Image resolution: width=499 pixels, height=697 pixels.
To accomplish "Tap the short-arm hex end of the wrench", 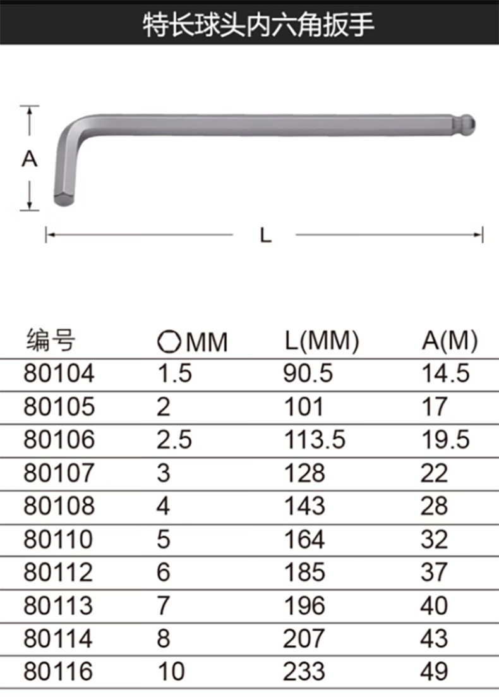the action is tap(64, 199).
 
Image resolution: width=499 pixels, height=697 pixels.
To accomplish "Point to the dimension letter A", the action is tap(29, 159).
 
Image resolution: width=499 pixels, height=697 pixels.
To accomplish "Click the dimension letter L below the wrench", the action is tap(265, 235).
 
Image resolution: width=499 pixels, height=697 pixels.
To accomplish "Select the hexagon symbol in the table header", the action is tap(169, 342).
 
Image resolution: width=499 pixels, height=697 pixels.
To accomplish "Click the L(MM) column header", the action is tap(322, 341).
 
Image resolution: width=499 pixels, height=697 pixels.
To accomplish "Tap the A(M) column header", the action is tap(450, 341).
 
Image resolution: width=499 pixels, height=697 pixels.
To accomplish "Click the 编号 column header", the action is tap(51, 341).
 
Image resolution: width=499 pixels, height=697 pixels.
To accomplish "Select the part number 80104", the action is tap(59, 373).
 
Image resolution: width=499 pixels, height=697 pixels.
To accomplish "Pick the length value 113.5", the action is tap(315, 440).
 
